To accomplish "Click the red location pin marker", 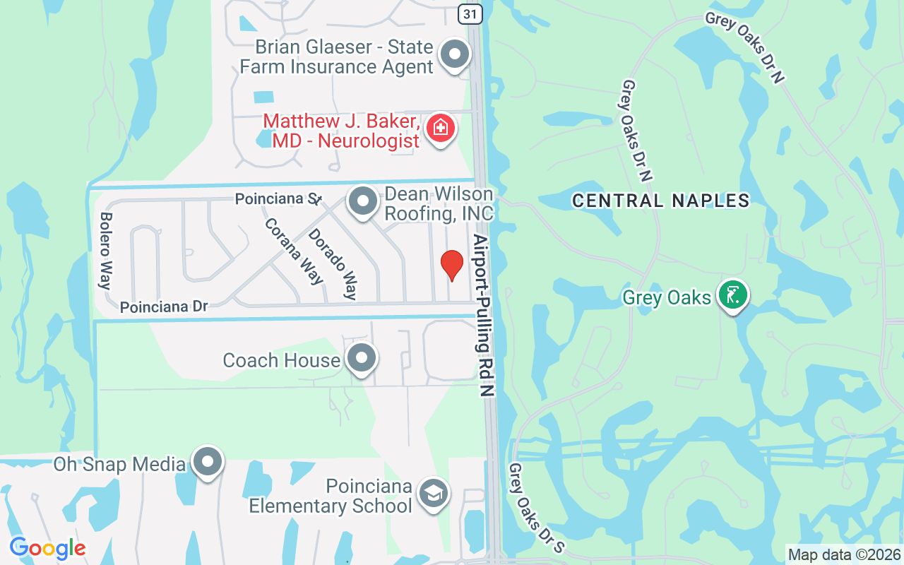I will pyautogui.click(x=451, y=266).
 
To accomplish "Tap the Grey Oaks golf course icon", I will pyautogui.click(x=733, y=295).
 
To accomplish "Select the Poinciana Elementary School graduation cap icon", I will pyautogui.click(x=432, y=493).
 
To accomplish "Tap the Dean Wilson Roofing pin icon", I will pyautogui.click(x=363, y=202).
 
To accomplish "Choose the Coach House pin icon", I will pyautogui.click(x=362, y=358).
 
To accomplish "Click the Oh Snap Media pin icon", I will pyautogui.click(x=207, y=462).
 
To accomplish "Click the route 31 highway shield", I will pyautogui.click(x=470, y=13).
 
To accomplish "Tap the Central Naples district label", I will pyautogui.click(x=660, y=201).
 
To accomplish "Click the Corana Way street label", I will pyautogui.click(x=293, y=250).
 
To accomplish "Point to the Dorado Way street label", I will pyautogui.click(x=333, y=263).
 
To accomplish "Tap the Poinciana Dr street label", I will pyautogui.click(x=164, y=307).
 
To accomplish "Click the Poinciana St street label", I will pyautogui.click(x=278, y=199).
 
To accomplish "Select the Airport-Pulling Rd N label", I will pyautogui.click(x=484, y=314).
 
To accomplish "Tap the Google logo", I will pyautogui.click(x=47, y=547).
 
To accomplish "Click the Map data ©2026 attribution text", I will pyautogui.click(x=844, y=554).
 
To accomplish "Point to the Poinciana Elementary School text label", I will pyautogui.click(x=331, y=496).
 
